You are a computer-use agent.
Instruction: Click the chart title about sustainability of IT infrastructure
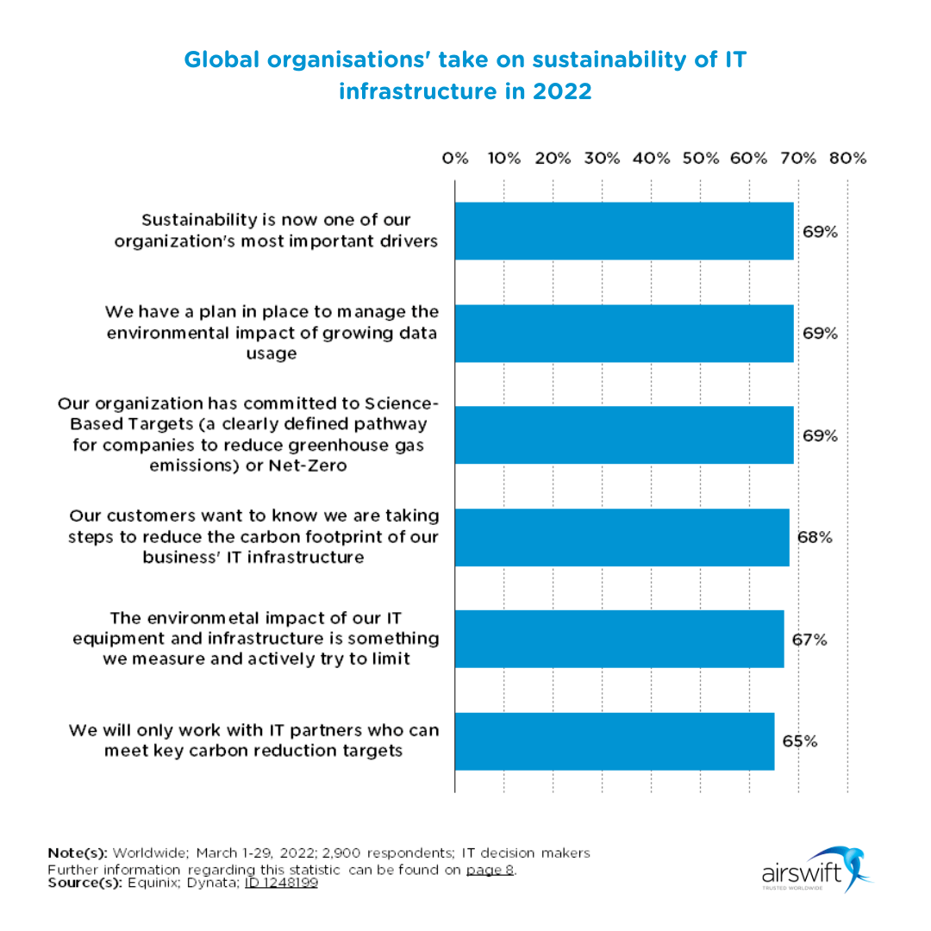[465, 75]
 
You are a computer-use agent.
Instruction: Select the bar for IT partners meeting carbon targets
[614, 741]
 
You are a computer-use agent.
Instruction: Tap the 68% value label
[814, 537]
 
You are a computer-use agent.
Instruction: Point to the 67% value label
[809, 640]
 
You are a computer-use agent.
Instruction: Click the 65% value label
[799, 741]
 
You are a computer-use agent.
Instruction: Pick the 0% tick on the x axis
[454, 159]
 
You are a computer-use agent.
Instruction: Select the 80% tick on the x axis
[847, 159]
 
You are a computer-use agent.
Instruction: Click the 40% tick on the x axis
[651, 159]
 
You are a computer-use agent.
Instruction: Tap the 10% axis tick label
[503, 159]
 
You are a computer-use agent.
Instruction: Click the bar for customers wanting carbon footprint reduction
[622, 537]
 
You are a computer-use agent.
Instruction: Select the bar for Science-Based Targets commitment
[624, 435]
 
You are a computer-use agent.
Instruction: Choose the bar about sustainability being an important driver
[624, 231]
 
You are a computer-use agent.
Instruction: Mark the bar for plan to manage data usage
[624, 333]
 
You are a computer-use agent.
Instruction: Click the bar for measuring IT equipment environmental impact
[619, 640]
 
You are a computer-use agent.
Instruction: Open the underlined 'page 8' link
[490, 869]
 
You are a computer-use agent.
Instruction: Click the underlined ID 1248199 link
[281, 883]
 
